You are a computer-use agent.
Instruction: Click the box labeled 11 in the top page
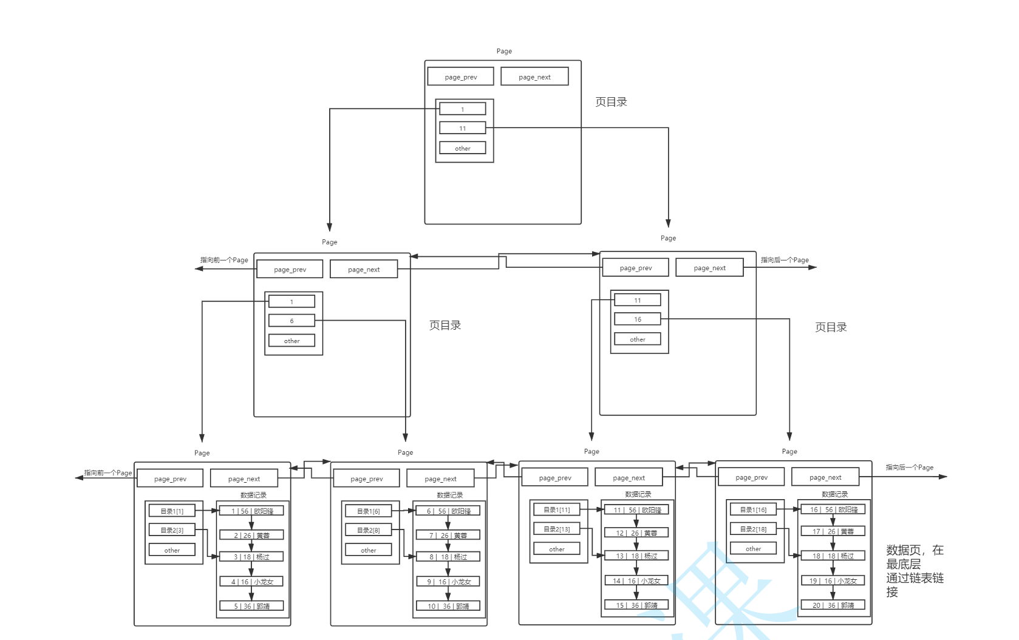(462, 128)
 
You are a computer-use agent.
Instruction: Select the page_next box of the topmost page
(534, 77)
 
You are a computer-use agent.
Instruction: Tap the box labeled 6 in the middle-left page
(291, 321)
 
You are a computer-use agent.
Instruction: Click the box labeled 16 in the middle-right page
(637, 319)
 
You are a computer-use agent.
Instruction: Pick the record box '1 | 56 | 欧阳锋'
(251, 511)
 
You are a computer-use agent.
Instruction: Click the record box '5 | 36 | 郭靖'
(251, 606)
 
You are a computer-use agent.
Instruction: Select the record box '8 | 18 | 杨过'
(448, 557)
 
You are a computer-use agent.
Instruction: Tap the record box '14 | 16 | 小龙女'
(636, 581)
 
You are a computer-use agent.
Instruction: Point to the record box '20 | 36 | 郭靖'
(833, 605)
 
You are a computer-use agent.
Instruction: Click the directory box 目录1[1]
(172, 511)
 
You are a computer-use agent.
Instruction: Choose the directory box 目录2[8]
(368, 530)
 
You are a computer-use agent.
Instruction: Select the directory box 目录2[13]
(556, 529)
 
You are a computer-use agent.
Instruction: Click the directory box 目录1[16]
(753, 510)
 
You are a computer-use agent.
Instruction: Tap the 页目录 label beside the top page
(611, 102)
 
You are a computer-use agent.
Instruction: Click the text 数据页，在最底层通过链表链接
(915, 571)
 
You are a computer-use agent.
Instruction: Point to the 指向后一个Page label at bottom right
(909, 468)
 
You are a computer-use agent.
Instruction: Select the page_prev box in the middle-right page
(635, 268)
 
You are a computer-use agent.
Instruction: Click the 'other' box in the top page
(462, 148)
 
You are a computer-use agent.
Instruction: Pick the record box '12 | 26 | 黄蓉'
(636, 533)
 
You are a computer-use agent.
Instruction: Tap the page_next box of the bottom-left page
(244, 479)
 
